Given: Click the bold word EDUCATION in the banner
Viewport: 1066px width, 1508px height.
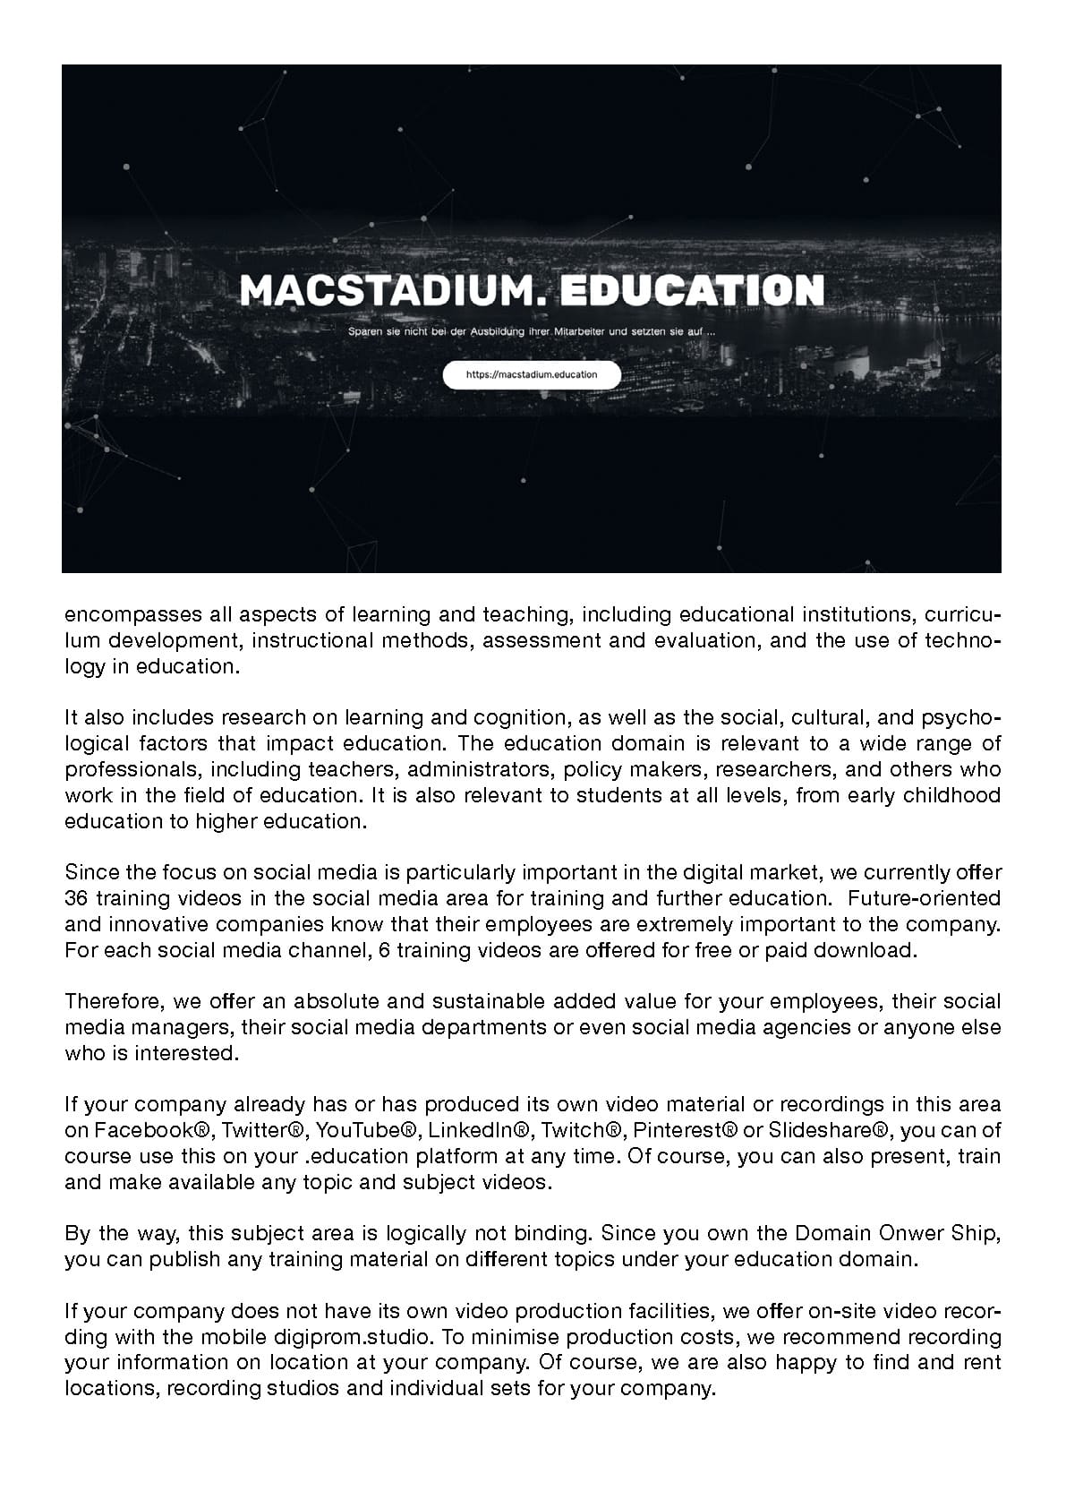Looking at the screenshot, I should [695, 289].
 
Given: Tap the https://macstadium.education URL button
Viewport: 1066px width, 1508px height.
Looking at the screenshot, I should [532, 374].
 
